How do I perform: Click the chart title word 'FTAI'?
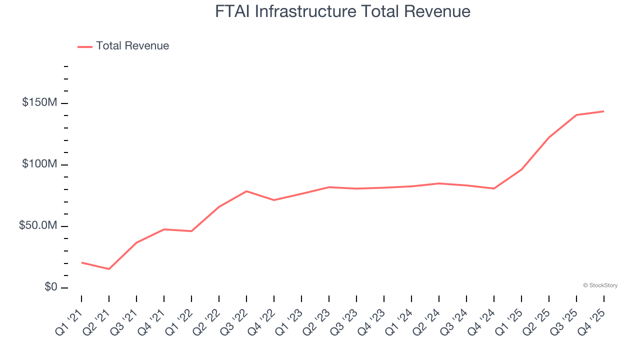pyautogui.click(x=233, y=11)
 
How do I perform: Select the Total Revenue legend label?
pyautogui.click(x=132, y=46)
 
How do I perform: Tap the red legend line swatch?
pyautogui.click(x=85, y=46)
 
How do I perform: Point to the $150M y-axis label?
pyautogui.click(x=39, y=103)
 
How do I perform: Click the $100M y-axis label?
pyautogui.click(x=39, y=164)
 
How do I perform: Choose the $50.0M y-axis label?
pyautogui.click(x=38, y=226)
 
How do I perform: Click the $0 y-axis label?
pyautogui.click(x=51, y=287)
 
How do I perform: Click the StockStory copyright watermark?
pyautogui.click(x=600, y=285)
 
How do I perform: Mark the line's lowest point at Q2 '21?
pyautogui.click(x=109, y=269)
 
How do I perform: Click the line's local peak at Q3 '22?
pyautogui.click(x=246, y=191)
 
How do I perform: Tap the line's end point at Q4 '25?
pyautogui.click(x=603, y=111)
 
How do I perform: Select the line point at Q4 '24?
pyautogui.click(x=494, y=188)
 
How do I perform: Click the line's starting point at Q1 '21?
pyautogui.click(x=81, y=262)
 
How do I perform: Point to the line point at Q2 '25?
pyautogui.click(x=549, y=137)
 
